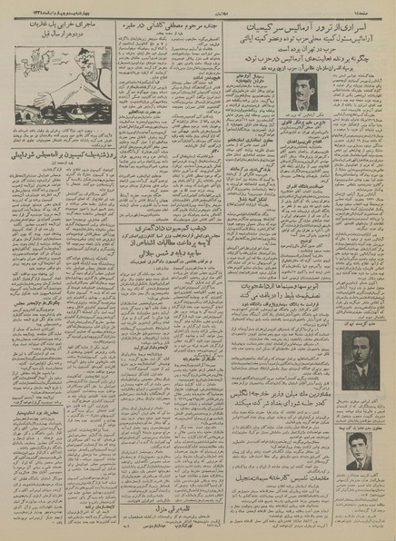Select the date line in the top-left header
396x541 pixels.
point(51,7)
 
